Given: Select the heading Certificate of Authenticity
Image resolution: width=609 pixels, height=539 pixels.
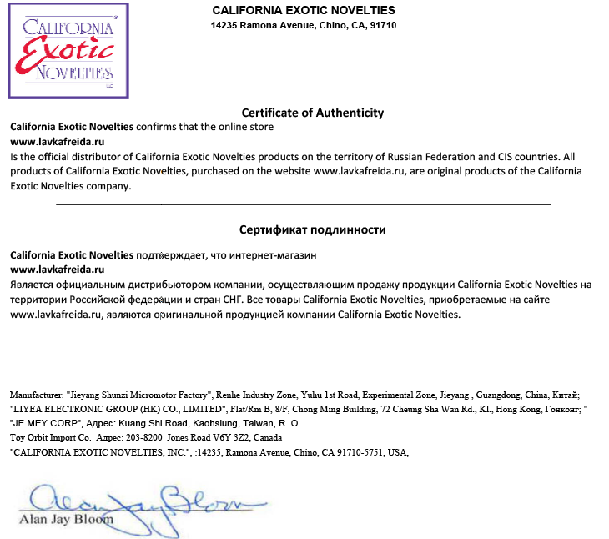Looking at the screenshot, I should tap(312, 113).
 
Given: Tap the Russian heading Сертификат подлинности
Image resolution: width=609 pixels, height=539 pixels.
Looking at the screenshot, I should tap(312, 229).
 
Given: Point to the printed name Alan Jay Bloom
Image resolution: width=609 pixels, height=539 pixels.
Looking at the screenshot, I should tap(66, 521).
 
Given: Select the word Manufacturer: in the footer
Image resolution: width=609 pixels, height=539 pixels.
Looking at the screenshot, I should tap(36, 395).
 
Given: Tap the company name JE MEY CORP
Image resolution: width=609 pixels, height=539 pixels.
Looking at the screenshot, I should tap(43, 423).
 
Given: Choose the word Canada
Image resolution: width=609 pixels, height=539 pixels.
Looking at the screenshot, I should tap(266, 437).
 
